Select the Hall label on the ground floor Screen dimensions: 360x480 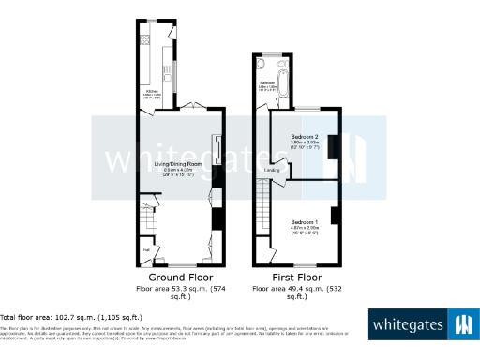(x=146, y=249)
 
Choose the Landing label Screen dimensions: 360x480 (x=273, y=170)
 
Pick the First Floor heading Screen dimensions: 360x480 (x=293, y=277)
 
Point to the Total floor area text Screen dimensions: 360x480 (x=71, y=317)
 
